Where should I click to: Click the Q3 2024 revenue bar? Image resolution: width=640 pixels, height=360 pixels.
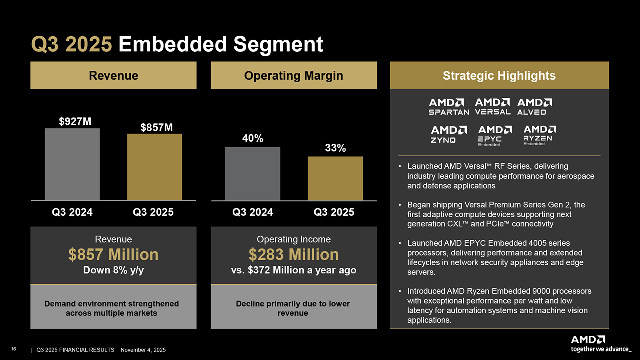(72, 164)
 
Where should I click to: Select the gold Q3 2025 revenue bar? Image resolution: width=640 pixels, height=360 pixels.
(154, 167)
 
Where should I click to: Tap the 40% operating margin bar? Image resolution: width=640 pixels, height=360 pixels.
(252, 173)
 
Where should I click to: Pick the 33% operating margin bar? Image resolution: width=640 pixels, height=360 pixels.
(335, 178)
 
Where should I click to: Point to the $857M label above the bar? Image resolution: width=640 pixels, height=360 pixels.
(156, 127)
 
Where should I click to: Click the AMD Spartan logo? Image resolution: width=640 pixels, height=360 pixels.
(449, 107)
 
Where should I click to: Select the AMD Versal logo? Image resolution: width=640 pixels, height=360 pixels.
(493, 106)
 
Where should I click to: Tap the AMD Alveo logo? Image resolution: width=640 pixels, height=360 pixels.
(535, 106)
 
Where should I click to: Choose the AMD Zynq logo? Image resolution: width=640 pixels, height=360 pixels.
(449, 134)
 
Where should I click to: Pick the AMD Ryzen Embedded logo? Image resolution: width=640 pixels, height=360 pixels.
(539, 135)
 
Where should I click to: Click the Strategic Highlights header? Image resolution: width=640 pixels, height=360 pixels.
(499, 76)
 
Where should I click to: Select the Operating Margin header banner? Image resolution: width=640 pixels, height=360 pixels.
(293, 76)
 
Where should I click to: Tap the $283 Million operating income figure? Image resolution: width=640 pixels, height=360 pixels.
(293, 255)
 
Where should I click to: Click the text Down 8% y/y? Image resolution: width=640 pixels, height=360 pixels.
(113, 270)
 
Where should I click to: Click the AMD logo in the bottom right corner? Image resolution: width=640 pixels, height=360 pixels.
(589, 340)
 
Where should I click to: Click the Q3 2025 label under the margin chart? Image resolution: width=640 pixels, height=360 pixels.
(334, 212)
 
